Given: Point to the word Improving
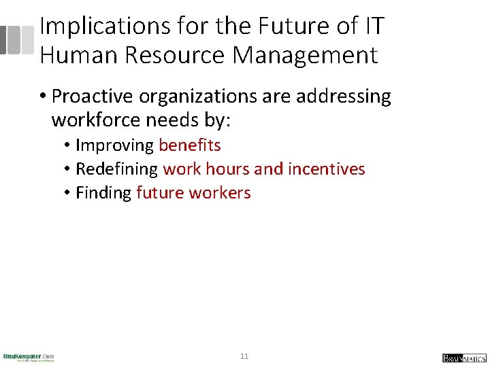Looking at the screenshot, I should [x=115, y=145].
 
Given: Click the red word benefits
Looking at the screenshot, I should [x=190, y=145].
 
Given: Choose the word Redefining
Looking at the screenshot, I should [x=117, y=169].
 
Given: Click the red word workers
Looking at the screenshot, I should [x=220, y=193].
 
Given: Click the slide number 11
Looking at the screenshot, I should [x=244, y=356].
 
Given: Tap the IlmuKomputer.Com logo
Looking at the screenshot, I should [x=29, y=357].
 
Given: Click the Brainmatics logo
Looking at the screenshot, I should [x=464, y=357].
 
